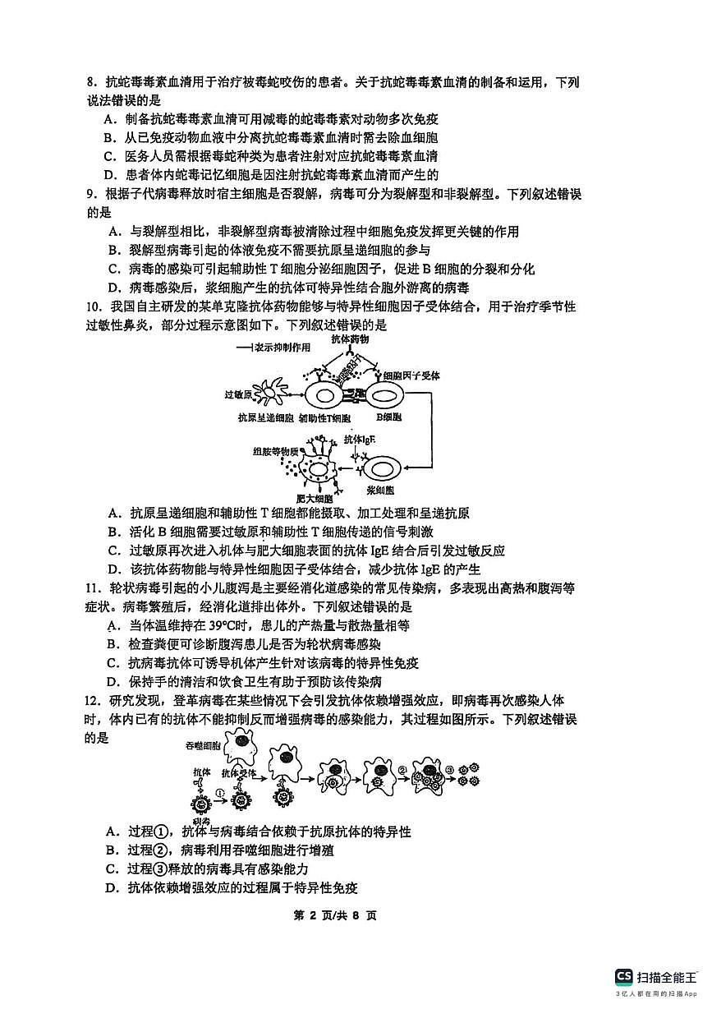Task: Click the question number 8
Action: click(x=90, y=82)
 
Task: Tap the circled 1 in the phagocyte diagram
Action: click(x=220, y=794)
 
